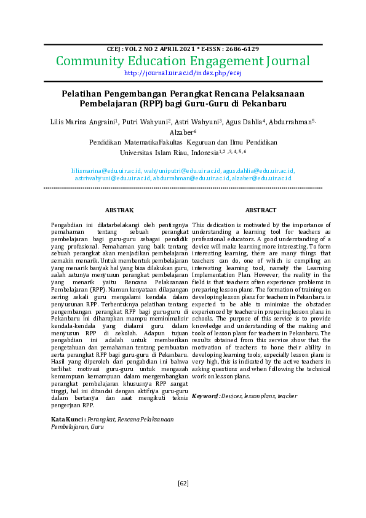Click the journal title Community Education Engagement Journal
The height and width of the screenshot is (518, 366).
point(183,61)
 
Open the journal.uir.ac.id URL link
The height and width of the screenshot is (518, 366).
point(183,73)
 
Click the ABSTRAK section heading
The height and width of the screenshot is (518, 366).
point(120,210)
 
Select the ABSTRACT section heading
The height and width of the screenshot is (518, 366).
point(261,210)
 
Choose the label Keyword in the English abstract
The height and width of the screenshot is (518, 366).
point(205,396)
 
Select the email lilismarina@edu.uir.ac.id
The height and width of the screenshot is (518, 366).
point(106,170)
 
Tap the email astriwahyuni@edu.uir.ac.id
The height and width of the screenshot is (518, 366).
point(113,178)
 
